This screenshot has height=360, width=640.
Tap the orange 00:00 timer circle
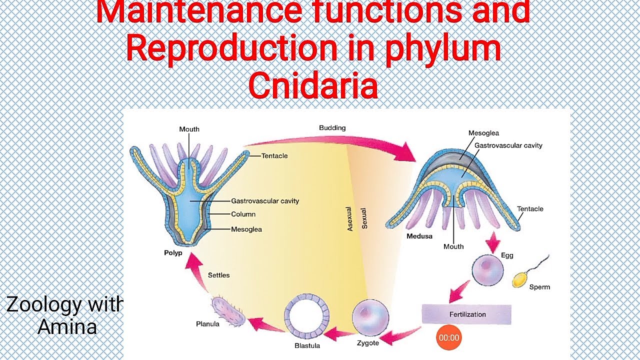click(448, 338)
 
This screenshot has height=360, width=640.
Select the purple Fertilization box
click(466, 314)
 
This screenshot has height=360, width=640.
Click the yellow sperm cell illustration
click(520, 280)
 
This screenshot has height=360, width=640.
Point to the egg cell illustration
click(487, 270)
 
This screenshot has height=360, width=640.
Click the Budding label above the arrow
click(332, 128)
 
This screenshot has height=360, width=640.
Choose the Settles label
click(218, 275)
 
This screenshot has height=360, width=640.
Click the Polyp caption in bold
click(173, 253)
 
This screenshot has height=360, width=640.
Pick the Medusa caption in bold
click(419, 236)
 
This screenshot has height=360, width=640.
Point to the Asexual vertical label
click(349, 219)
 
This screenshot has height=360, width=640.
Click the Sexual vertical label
click(364, 218)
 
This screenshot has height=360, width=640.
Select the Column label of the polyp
click(243, 214)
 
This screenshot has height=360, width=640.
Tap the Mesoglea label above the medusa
click(483, 133)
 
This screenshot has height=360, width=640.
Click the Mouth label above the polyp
click(189, 129)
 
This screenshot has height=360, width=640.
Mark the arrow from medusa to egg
click(493, 242)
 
